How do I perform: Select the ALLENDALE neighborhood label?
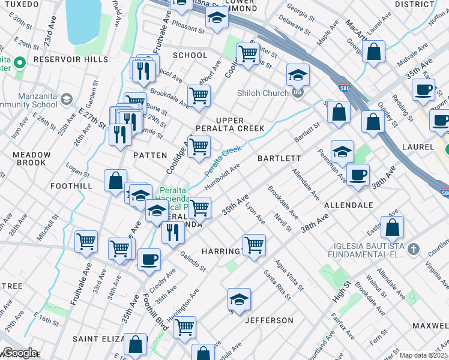pyautogui.click(x=348, y=205)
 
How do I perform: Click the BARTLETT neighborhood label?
pyautogui.click(x=279, y=158)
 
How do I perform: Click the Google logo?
pyautogui.click(x=19, y=353)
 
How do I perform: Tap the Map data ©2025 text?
pyautogui.click(x=423, y=355)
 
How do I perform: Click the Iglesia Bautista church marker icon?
pyautogui.click(x=412, y=249)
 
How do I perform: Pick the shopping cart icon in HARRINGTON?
pyautogui.click(x=254, y=244)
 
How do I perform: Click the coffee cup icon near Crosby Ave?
pyautogui.click(x=149, y=260)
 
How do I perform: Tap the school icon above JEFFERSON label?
pyautogui.click(x=239, y=299)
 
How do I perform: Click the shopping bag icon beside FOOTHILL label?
pyautogui.click(x=115, y=180)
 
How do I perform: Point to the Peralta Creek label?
pyautogui.click(x=223, y=161)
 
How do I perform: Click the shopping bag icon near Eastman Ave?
pyautogui.click(x=392, y=228)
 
